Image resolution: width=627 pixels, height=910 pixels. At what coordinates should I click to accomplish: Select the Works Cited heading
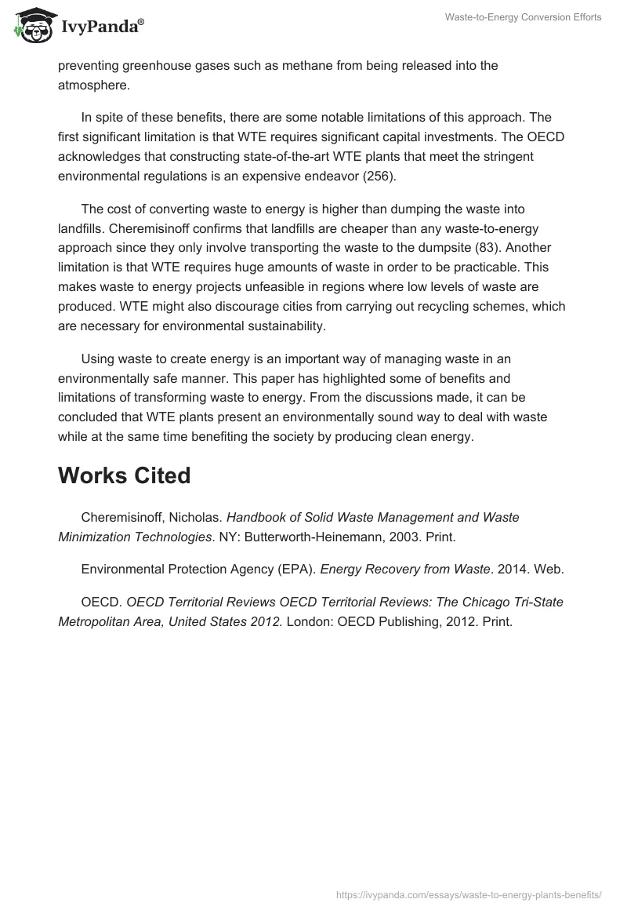(x=124, y=475)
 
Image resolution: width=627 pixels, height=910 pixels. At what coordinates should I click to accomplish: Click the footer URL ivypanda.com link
(x=469, y=894)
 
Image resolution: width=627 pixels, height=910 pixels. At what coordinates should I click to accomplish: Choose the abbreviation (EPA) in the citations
(x=296, y=570)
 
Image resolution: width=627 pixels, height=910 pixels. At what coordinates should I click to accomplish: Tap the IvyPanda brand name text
(x=100, y=27)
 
